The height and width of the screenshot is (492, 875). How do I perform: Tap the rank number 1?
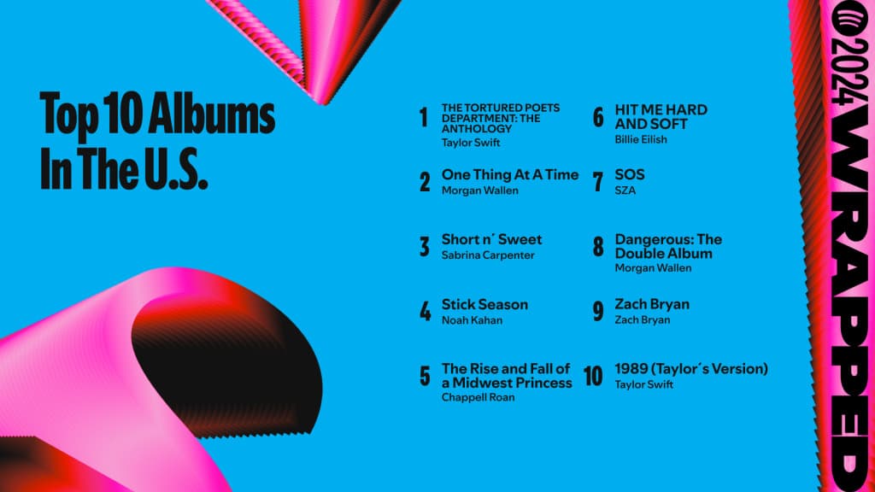point(424,118)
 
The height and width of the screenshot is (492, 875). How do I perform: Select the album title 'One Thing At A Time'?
point(509,174)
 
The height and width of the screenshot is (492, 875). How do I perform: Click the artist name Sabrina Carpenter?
point(488,255)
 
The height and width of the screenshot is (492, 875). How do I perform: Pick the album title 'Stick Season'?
point(484,304)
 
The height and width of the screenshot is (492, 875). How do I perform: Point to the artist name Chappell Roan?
point(478,397)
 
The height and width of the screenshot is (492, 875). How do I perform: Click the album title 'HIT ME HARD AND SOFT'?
point(661,117)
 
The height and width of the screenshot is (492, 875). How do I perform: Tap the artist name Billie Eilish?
point(641,139)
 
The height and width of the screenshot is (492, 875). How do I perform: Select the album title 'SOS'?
point(630,174)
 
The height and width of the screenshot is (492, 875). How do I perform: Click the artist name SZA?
point(625,190)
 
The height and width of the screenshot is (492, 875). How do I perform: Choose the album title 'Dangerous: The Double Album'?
point(668,246)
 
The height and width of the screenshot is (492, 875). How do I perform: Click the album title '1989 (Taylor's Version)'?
point(691,369)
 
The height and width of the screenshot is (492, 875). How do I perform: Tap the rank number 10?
point(593,377)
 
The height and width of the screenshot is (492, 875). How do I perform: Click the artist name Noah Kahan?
point(472,320)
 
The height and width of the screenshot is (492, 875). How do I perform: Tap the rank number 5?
point(425,377)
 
